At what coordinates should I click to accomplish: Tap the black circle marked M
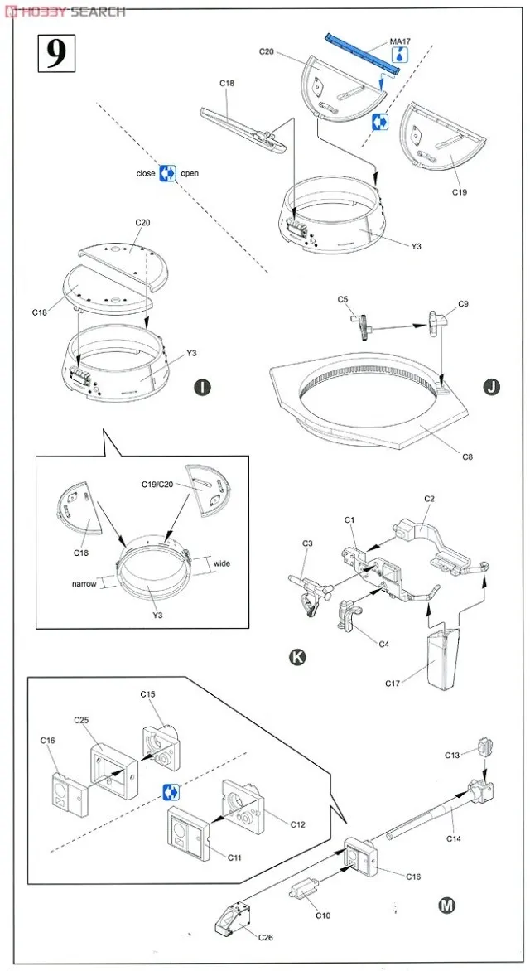pos(446,904)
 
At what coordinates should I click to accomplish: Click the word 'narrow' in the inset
pos(84,583)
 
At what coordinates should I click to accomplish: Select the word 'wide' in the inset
pos(222,563)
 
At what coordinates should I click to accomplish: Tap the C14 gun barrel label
pos(453,838)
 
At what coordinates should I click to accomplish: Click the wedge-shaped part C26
pos(234,916)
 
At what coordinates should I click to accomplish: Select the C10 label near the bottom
pos(322,915)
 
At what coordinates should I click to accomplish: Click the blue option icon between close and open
pos(168,173)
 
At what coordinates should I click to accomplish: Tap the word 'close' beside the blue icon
pos(146,174)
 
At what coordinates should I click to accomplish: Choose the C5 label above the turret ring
pos(342,299)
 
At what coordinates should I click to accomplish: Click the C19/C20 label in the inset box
pos(151,484)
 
